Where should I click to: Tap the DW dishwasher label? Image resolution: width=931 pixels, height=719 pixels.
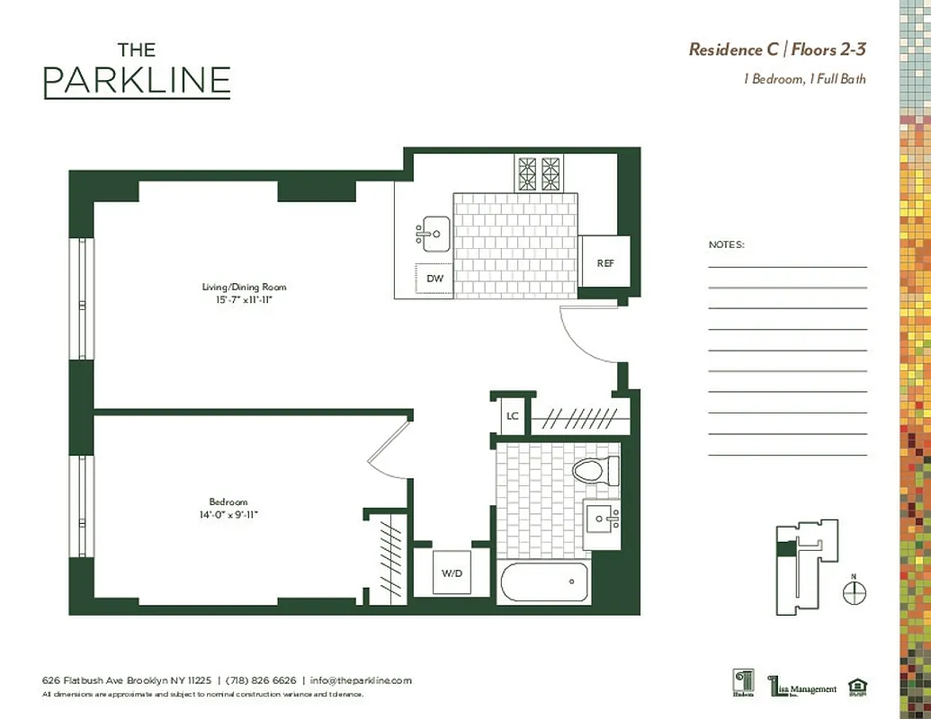coord(434,279)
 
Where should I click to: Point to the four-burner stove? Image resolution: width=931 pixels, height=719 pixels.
coord(538,173)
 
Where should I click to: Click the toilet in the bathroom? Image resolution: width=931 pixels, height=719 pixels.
coord(595,469)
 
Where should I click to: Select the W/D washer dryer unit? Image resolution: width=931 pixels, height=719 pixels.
coord(452,573)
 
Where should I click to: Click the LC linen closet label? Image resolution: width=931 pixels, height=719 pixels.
coord(513,415)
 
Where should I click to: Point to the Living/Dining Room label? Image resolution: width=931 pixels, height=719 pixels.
coord(244,288)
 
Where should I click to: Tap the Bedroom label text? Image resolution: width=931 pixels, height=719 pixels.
coord(228,502)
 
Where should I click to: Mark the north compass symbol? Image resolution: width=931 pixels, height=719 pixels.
coord(855,591)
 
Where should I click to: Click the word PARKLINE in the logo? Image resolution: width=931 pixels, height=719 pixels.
coord(137,81)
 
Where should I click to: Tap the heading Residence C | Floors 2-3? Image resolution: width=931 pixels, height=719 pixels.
coord(777,49)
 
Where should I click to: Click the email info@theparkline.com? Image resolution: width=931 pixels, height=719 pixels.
coord(361,680)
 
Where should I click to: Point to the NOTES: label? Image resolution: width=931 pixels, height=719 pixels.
coord(726,244)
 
